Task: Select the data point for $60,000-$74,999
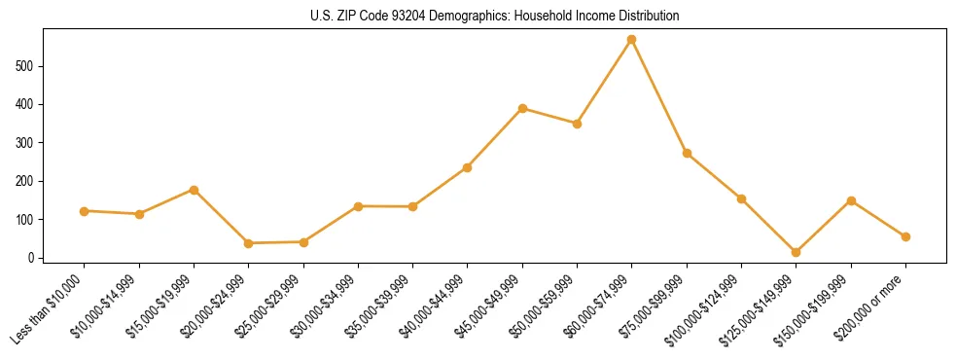(632, 40)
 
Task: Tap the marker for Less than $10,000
(85, 211)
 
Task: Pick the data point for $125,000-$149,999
(797, 252)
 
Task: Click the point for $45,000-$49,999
(523, 108)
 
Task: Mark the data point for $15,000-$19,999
(195, 190)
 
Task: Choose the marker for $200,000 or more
(905, 236)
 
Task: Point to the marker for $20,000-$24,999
(249, 243)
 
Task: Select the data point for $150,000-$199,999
(851, 200)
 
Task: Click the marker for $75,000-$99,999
(687, 153)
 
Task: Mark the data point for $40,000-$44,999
(468, 167)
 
